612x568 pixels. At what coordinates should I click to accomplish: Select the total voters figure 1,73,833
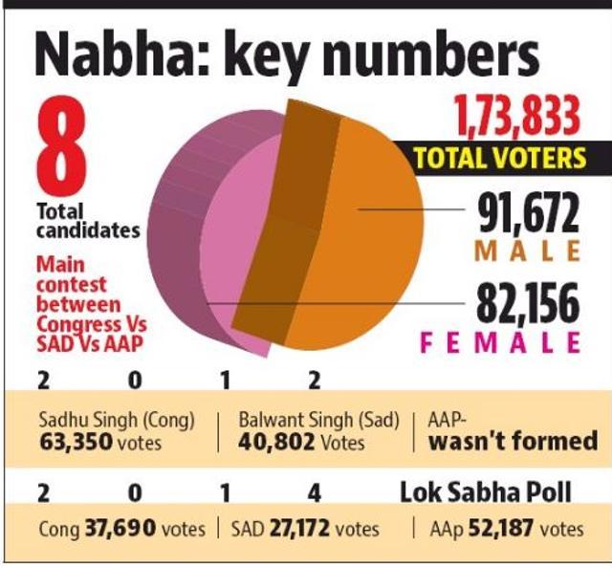pos(516,117)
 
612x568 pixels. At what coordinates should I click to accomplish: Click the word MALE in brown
pos(527,251)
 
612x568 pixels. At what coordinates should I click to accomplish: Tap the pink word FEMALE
pos(500,342)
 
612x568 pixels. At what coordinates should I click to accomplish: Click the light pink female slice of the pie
pos(230,250)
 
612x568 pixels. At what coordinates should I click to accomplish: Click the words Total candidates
pos(88,221)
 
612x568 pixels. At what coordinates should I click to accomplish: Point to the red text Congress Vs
pos(92,325)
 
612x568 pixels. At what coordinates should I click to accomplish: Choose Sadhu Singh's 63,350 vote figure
pos(76,443)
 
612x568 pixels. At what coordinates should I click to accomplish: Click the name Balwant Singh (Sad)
pos(318,420)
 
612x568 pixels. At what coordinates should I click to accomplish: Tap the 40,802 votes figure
pos(276,443)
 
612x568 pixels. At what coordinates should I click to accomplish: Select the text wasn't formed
pos(514,441)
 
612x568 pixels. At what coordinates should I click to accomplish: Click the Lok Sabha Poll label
pos(486,492)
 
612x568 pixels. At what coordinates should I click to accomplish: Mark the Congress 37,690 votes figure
pos(120,529)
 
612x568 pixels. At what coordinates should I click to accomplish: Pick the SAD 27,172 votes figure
pos(299,529)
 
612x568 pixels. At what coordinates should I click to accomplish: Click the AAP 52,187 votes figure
pos(500,529)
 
